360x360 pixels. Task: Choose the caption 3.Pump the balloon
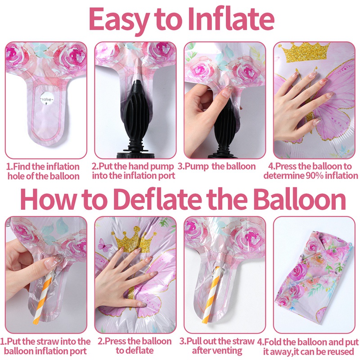(216, 166)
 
